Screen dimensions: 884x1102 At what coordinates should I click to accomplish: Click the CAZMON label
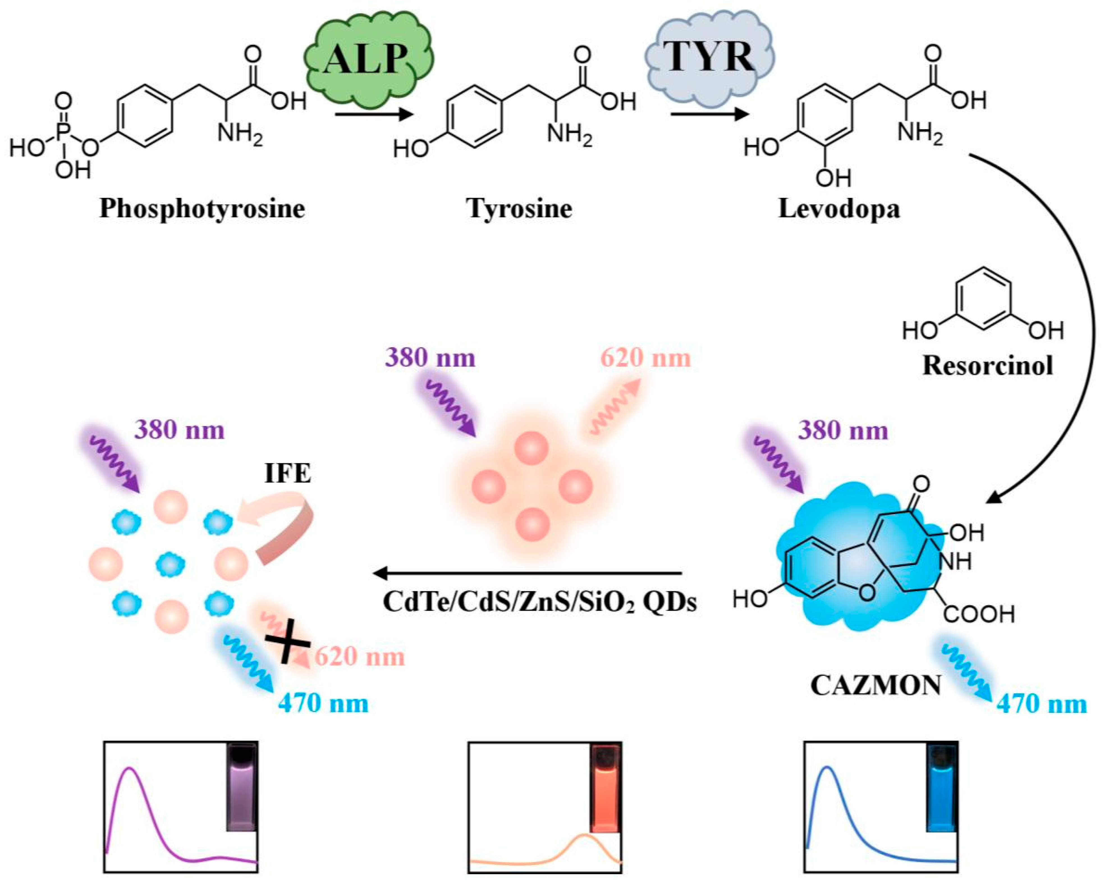876,685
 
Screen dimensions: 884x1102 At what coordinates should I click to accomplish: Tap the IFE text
287,473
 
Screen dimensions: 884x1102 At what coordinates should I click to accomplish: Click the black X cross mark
288,644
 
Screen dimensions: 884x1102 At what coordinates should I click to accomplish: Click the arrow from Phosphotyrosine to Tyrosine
373,113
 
